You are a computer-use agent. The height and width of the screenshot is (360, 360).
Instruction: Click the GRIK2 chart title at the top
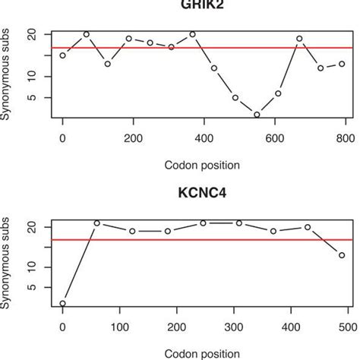(x=203, y=4)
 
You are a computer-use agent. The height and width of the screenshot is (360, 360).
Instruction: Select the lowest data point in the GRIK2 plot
(x=257, y=115)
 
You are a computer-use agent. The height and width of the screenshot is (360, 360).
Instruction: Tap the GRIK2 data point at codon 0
(x=62, y=55)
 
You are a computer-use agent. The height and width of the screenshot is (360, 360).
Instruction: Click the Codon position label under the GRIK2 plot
(x=203, y=164)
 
